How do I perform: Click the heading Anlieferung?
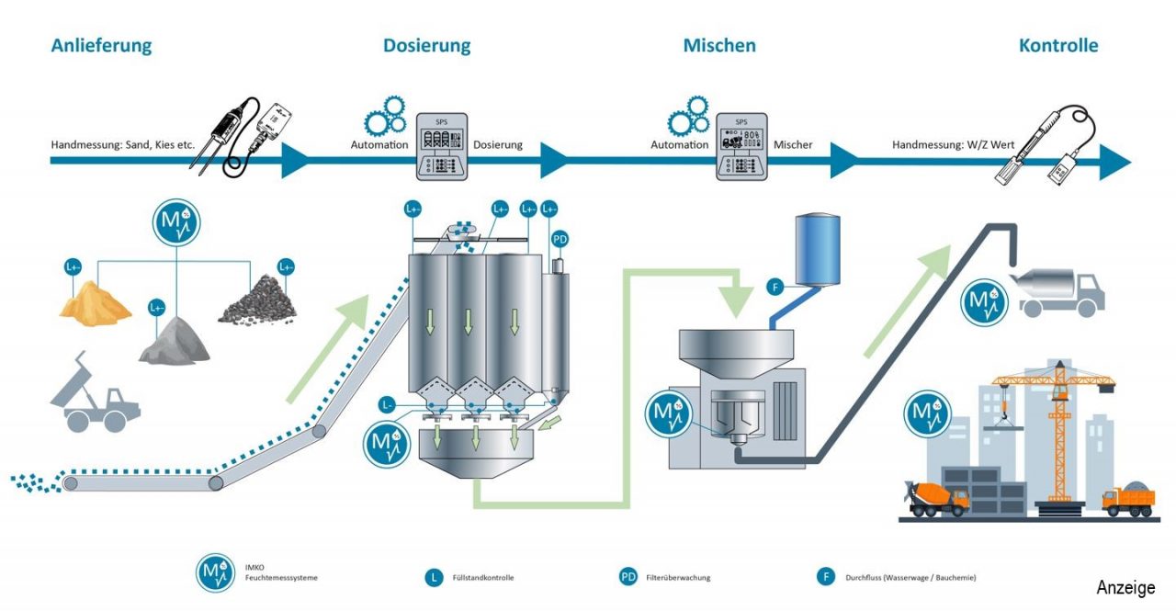tap(101, 46)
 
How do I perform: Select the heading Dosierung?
tap(426, 46)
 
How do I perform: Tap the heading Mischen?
tap(719, 46)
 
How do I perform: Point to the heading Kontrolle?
tap(1058, 46)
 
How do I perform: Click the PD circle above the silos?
tap(560, 240)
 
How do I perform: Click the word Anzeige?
tap(1125, 588)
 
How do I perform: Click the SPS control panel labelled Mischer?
tap(741, 147)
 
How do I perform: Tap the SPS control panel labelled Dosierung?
tap(442, 146)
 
